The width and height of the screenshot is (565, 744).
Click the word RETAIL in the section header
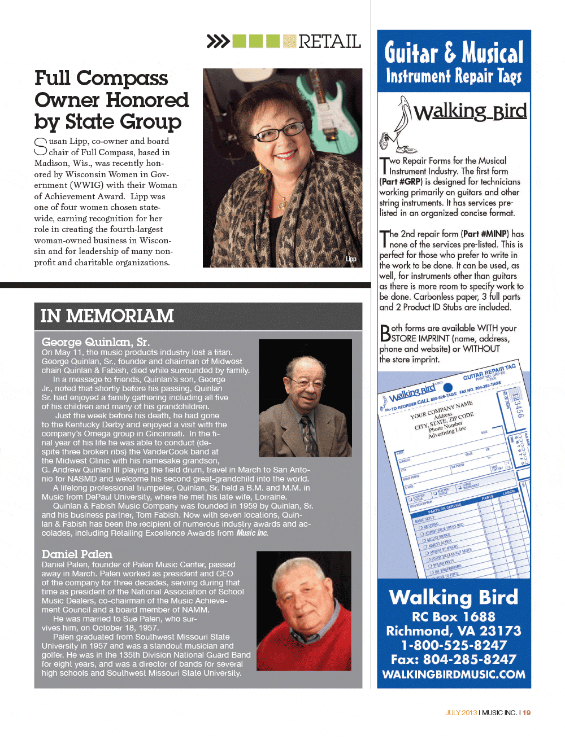point(329,42)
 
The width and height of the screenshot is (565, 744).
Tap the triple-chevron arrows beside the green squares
point(218,41)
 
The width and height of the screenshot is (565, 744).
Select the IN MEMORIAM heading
point(107,316)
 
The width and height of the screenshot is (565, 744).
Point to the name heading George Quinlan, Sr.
point(95,342)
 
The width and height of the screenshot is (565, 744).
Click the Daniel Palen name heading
point(77,554)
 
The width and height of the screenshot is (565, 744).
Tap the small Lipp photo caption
point(351,259)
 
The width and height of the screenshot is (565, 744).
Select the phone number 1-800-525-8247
point(454,645)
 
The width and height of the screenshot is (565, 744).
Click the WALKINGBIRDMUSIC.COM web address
point(454,675)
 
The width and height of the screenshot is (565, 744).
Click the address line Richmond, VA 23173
point(454,631)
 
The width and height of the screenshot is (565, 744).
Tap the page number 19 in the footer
point(527,713)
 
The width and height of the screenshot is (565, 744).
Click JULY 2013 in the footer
point(461,713)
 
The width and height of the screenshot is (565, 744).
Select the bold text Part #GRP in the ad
point(401,182)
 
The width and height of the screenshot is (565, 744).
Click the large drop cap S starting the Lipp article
point(41,146)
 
